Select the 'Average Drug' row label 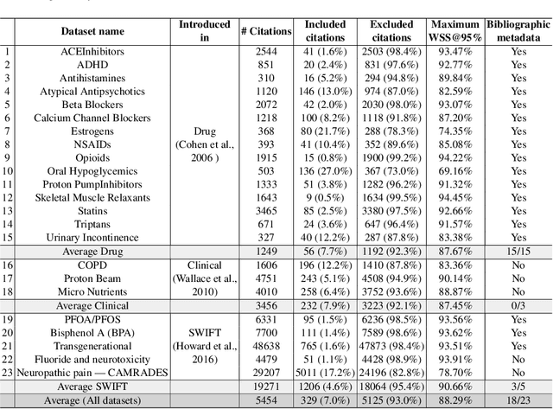click(93, 251)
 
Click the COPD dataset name click(93, 265)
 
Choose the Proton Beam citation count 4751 click(265, 278)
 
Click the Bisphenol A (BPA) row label click(93, 333)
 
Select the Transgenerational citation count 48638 click(265, 347)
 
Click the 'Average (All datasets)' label click(93, 402)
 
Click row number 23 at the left click(8, 374)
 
